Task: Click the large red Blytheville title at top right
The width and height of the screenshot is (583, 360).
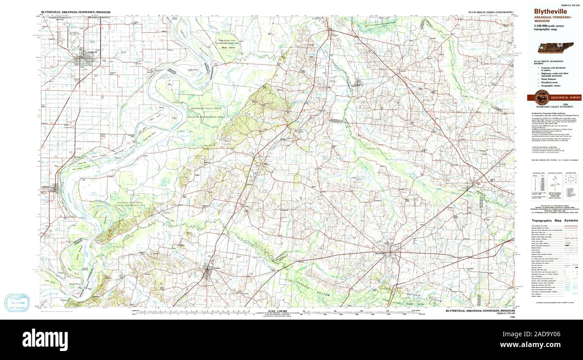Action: coord(550,12)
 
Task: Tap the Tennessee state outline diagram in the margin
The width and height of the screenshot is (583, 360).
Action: coord(555,48)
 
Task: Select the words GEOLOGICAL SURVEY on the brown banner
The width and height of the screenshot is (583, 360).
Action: coord(566,97)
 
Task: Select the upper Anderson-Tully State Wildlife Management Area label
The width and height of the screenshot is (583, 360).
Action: coord(207,112)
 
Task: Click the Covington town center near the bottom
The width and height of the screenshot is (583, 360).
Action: coord(207,272)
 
